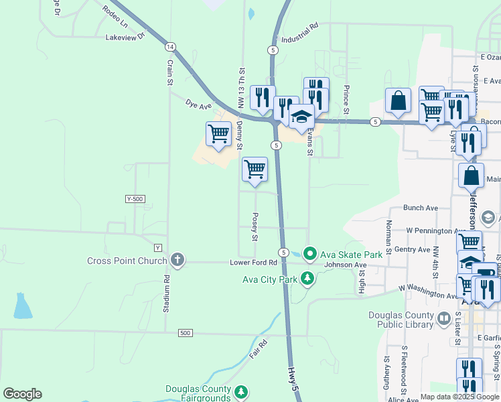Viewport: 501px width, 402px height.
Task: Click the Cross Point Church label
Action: pos(127,260)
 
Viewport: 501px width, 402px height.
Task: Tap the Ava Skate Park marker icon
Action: pos(309,253)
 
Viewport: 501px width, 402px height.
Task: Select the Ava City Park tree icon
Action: pos(307,277)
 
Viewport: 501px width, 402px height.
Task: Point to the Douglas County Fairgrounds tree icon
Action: pos(242,391)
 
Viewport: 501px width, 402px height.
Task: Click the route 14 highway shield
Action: pos(171,46)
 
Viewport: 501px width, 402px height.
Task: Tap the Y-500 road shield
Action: pos(135,199)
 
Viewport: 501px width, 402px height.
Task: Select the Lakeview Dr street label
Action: pos(125,38)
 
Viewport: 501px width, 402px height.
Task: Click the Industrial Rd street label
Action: pos(299,33)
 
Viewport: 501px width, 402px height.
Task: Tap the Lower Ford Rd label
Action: pos(253,262)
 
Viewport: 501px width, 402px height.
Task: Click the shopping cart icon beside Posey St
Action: pos(255,169)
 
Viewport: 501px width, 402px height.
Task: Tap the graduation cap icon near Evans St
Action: pos(301,115)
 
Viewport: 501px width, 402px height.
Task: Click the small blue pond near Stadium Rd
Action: pos(22,306)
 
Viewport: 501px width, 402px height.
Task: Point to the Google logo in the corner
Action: pos(22,394)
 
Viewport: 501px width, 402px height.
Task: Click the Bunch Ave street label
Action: pos(420,208)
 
